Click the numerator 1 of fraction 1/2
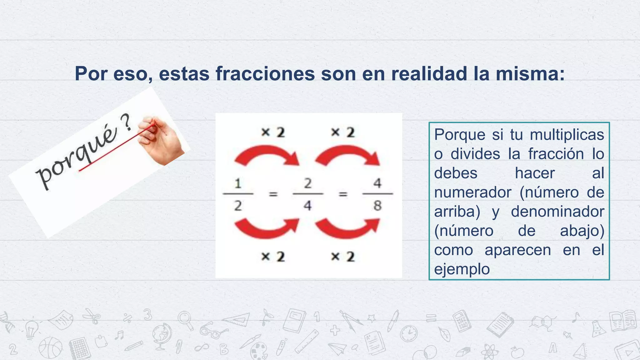click(238, 183)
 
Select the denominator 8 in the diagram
click(377, 206)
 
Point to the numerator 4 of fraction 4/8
click(377, 183)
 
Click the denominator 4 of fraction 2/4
click(308, 206)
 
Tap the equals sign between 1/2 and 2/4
click(273, 194)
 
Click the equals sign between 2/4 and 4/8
click(343, 194)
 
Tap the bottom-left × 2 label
click(273, 257)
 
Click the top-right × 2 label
click(343, 132)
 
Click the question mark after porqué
click(126, 123)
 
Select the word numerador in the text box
click(472, 192)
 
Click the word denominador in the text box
click(557, 212)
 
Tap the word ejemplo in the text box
click(462, 269)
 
